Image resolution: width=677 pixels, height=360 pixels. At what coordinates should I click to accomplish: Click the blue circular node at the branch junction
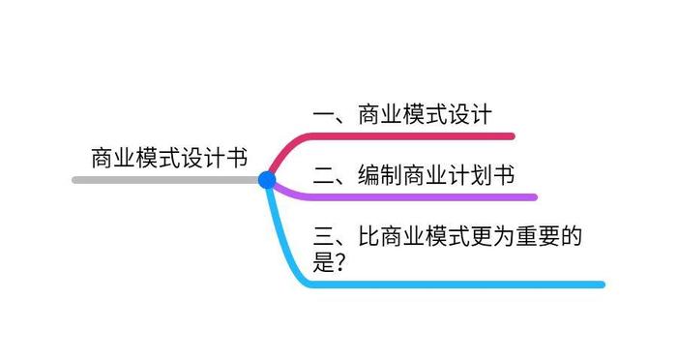tap(267, 180)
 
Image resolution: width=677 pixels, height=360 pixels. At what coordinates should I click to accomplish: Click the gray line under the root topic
tap(164, 180)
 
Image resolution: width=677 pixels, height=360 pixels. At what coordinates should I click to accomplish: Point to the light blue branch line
tap(464, 285)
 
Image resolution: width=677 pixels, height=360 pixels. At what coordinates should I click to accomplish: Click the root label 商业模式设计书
tap(169, 156)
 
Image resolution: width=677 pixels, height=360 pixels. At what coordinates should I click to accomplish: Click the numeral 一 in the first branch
tap(323, 114)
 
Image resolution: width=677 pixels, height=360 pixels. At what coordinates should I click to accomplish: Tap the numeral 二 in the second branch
tap(323, 175)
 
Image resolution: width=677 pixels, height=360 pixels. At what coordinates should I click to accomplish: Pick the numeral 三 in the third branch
tap(325, 237)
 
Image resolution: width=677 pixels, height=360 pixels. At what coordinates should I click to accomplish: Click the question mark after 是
tap(340, 262)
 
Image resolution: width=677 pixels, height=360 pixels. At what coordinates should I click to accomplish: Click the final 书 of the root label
tap(236, 156)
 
